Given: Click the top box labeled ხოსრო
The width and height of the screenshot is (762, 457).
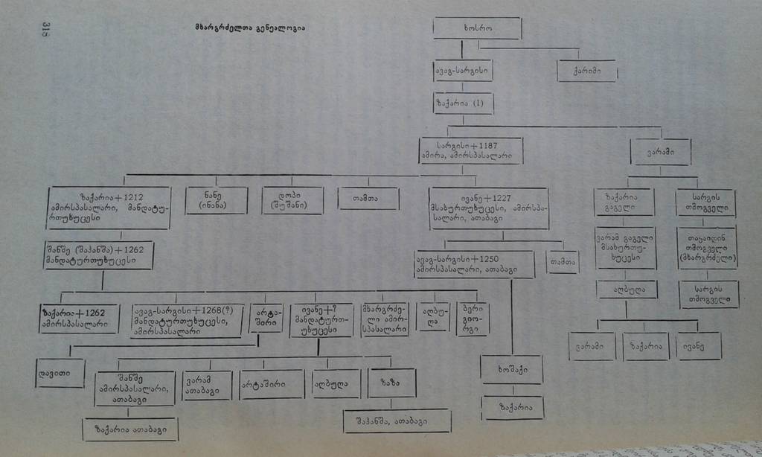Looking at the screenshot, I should pos(476,28).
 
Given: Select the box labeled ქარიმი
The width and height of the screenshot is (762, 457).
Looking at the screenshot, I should pos(587,71).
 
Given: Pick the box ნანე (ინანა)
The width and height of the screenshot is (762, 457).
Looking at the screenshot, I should pos(217,199).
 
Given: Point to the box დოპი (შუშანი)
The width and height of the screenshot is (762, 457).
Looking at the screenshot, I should pos(292,199).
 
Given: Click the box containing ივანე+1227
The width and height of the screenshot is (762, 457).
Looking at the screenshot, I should pos(488,208).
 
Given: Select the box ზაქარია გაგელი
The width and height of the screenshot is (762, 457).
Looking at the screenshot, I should pos(624,202).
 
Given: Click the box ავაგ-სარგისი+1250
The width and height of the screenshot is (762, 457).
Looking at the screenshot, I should pos(474,263).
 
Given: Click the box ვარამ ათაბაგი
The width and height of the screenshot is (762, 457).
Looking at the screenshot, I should pos(207,385).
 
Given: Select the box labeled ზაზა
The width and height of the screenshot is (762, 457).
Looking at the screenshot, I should pos(392,383).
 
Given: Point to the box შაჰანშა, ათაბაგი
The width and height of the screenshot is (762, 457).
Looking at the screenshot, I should pos(397,420).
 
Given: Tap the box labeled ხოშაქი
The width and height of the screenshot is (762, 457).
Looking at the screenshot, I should pos(510,369).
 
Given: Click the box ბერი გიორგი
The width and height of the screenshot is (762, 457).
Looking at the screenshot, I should pos(473,319).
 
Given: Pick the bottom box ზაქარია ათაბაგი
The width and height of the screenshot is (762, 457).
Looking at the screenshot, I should pos(129,429).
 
